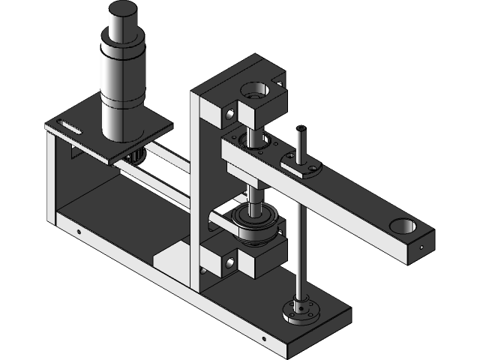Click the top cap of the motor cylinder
(123, 10)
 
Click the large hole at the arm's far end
(402, 224)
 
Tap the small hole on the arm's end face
(422, 245)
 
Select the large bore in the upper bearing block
(253, 93)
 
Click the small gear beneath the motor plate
(136, 157)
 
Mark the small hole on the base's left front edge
(79, 231)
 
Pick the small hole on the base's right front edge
(262, 338)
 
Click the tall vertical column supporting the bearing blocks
(196, 187)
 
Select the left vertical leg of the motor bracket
(51, 180)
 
